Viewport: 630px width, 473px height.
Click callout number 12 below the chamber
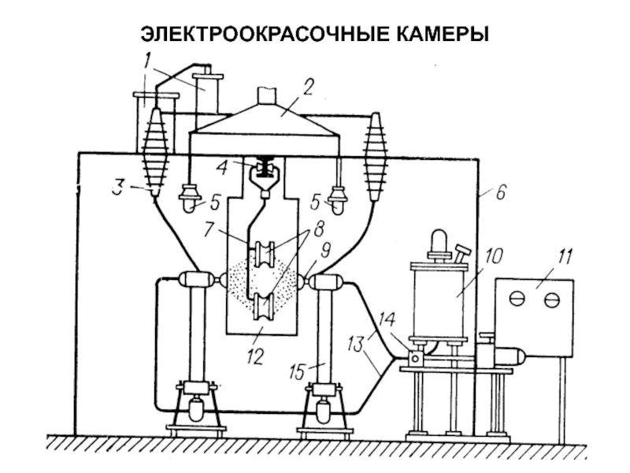click(254, 356)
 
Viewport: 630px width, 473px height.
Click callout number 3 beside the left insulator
click(118, 188)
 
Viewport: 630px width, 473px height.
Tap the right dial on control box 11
click(553, 300)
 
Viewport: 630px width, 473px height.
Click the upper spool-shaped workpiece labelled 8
click(265, 256)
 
